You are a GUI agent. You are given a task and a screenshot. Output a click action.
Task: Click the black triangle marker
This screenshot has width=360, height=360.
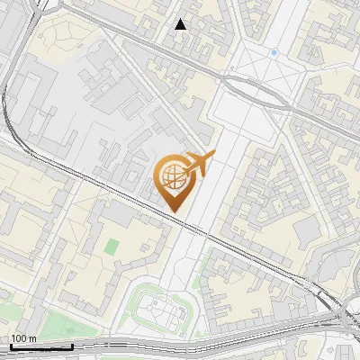(181, 24)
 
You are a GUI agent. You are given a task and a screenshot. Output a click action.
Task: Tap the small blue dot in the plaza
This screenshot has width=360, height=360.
(274, 53)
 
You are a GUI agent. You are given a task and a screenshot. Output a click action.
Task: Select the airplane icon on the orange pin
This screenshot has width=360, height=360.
(199, 163)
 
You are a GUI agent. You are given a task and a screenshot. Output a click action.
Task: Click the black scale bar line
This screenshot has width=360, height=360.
(41, 346)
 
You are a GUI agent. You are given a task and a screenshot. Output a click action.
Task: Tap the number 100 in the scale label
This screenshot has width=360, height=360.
(18, 338)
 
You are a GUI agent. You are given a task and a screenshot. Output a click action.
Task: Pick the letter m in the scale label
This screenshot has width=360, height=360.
(31, 338)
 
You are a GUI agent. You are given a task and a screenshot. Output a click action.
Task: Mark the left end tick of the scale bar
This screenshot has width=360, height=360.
(11, 345)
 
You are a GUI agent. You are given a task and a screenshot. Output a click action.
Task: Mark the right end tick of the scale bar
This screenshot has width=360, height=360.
(72, 345)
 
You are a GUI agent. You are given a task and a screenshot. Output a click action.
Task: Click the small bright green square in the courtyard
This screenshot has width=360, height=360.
(112, 245)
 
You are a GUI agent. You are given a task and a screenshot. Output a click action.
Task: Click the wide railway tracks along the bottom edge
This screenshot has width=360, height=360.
(180, 344)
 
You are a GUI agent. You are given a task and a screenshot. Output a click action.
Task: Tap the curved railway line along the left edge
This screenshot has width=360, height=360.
(7, 99)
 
